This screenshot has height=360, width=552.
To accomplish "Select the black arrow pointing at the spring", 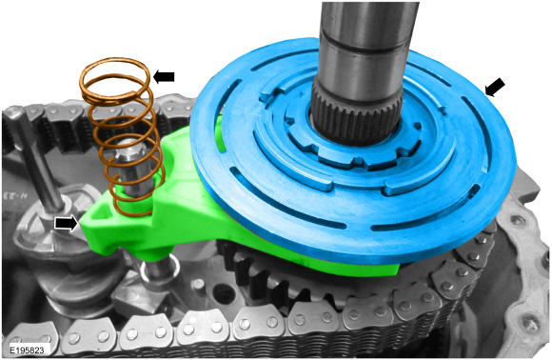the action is (x=164, y=77).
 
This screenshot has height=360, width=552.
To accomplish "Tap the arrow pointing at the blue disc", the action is (x=495, y=87).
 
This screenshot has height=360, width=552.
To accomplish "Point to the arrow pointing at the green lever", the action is (x=67, y=223).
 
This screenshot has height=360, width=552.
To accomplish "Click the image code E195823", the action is (x=27, y=350).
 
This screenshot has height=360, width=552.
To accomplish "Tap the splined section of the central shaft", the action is (x=357, y=112).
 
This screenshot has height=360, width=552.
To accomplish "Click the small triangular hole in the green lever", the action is (x=102, y=213).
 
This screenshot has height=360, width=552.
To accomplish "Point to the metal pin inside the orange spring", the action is (x=132, y=166).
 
